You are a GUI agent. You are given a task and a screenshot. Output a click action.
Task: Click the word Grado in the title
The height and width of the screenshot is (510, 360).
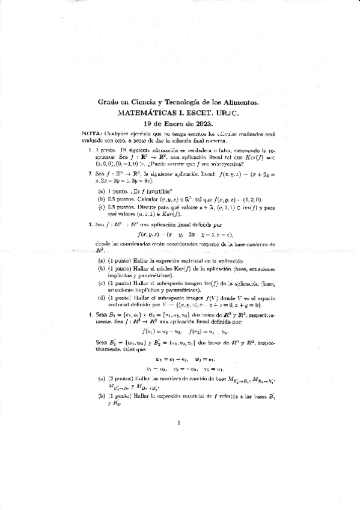click(108, 103)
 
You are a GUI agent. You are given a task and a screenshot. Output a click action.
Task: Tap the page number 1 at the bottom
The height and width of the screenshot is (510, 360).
click(179, 423)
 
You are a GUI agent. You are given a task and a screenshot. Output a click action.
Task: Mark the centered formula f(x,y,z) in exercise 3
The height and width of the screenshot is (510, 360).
click(181, 234)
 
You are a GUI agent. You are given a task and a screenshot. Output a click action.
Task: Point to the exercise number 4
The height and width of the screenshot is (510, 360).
click(90, 313)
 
